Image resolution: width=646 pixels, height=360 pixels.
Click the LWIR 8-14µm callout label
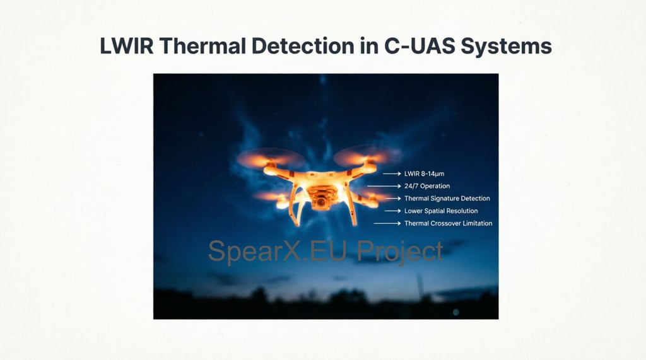coord(428,173)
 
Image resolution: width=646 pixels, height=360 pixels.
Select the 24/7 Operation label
coord(427,186)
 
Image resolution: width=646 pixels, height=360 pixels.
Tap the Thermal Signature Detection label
coord(447,199)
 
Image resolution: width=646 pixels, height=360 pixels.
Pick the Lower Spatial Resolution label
coord(441,211)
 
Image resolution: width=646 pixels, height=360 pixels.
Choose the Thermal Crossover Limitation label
coord(448,223)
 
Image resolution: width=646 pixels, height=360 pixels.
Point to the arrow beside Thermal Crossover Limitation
coord(386,223)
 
